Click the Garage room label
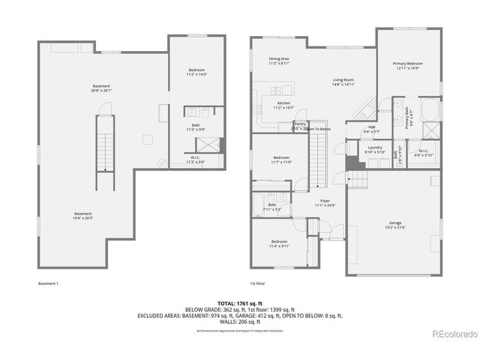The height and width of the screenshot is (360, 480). tap(394, 225)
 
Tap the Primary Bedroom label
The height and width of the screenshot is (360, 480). tap(408, 66)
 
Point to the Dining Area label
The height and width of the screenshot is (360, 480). tap(280, 61)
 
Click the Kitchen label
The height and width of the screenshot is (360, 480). tap(283, 105)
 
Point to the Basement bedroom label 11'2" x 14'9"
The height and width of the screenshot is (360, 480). tap(195, 73)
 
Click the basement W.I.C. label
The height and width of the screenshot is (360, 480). tap(195, 159)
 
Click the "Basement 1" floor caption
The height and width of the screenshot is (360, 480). tap(47, 283)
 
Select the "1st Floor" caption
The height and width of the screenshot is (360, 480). tap(259, 283)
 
